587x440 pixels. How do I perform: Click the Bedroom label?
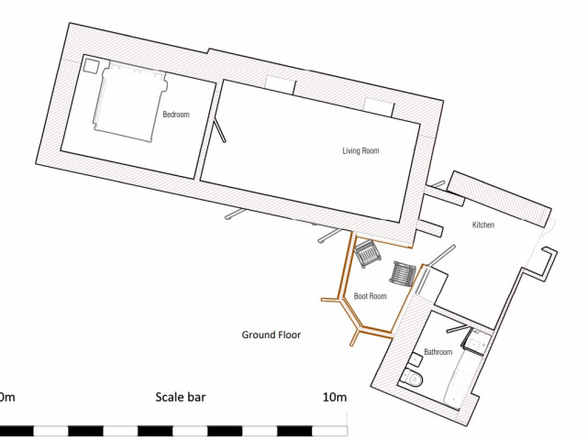click(176, 114)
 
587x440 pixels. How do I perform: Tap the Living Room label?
click(360, 150)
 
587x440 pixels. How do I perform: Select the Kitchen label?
click(483, 225)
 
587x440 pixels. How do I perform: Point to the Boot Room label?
click(370, 296)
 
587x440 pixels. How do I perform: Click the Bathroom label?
click(437, 352)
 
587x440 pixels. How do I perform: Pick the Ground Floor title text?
click(271, 335)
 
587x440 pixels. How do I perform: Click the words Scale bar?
click(181, 397)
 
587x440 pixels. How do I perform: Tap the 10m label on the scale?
click(335, 397)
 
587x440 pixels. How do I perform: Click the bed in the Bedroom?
click(129, 102)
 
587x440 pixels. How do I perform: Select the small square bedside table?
click(90, 65)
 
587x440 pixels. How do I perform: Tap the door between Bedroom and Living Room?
click(219, 131)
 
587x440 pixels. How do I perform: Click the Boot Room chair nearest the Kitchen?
click(403, 273)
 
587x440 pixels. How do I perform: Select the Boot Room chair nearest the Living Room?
click(367, 254)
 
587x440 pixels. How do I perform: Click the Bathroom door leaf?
click(458, 328)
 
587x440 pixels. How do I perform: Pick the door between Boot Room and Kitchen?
click(441, 256)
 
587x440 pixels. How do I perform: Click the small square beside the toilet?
click(415, 360)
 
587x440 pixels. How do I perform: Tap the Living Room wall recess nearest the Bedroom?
click(280, 84)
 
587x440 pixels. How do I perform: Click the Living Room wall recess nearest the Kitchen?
click(379, 107)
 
